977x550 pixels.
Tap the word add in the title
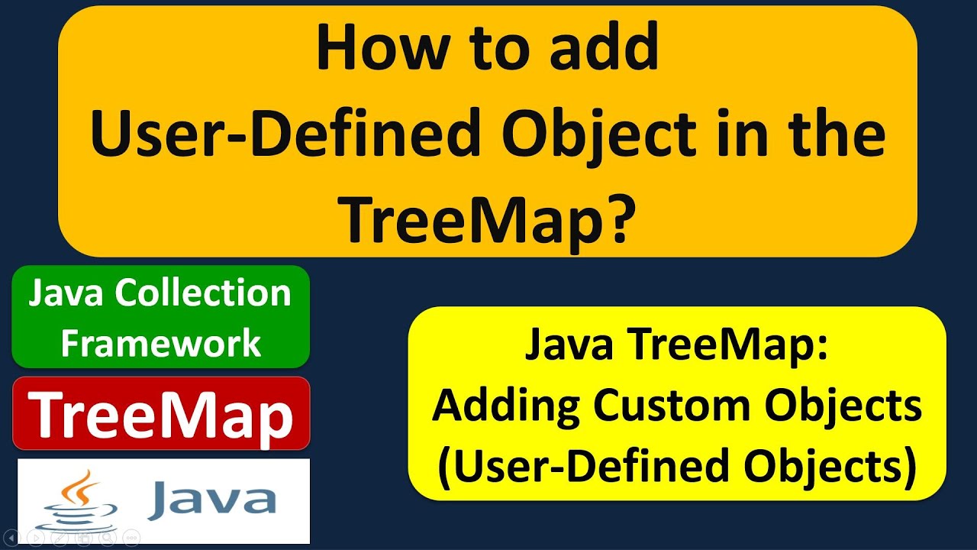pyautogui.click(x=605, y=49)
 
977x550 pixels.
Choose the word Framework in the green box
pyautogui.click(x=161, y=343)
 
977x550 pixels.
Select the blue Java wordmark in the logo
pyautogui.click(x=211, y=500)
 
